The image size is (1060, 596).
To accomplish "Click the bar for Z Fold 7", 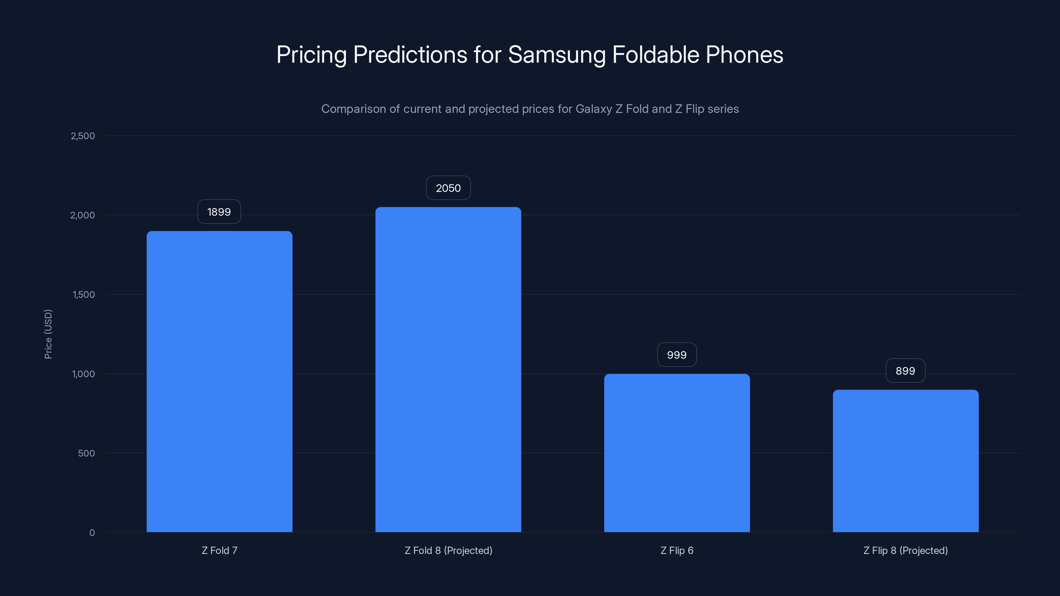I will pos(219,381).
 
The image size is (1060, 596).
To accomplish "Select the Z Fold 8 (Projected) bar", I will pos(448,370).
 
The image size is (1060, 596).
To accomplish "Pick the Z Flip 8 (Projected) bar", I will pos(906,461).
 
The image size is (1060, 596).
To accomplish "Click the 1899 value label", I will pos(219,212).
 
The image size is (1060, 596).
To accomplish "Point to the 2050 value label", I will pos(448,188).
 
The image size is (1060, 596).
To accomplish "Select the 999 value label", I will pos(677,355).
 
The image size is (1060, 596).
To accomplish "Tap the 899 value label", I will pos(905,371).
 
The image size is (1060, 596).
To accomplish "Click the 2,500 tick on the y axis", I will pos(83,136).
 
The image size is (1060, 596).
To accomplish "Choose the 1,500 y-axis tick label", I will pos(83,294).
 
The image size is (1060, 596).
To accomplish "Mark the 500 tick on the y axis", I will pos(86,453).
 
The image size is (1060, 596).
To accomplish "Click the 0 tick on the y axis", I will pos(92,533).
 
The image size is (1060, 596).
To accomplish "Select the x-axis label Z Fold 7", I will pos(219,550).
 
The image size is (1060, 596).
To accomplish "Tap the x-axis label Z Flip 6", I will pos(677,550).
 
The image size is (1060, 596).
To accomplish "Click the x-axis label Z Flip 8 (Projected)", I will pos(905,550).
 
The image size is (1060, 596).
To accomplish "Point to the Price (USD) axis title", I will pos(48,334).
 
